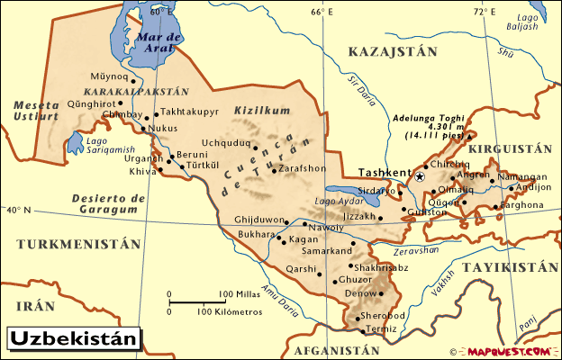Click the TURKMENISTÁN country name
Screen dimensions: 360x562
point(79,244)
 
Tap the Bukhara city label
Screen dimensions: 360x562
point(255,234)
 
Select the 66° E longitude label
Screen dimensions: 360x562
point(322,12)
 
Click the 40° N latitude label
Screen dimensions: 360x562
point(16,211)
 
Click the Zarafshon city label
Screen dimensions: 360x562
point(302,168)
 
